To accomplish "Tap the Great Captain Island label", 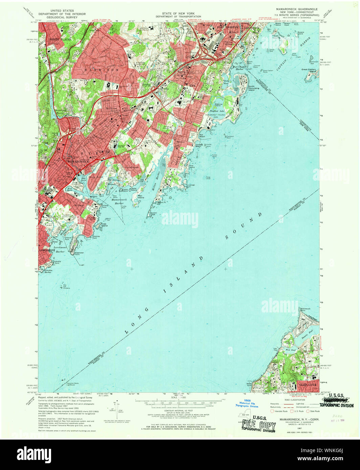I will pos(309,71).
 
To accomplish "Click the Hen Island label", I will pos(141,197).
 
